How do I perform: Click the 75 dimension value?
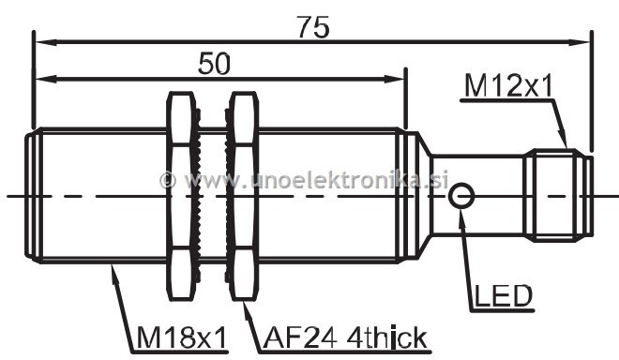313,27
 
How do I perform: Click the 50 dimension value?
214,64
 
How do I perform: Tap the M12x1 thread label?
509,86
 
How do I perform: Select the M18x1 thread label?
183,337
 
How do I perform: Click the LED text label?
504,295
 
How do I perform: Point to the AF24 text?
300,337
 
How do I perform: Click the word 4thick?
387,337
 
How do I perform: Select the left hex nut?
182,196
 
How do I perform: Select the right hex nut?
244,196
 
